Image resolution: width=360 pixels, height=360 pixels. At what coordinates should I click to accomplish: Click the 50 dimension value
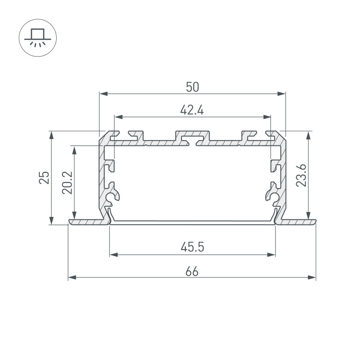pos(192,87)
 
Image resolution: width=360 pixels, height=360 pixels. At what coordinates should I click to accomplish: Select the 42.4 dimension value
pos(192,110)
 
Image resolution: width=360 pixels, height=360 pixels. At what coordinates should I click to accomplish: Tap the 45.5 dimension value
pos(192,247)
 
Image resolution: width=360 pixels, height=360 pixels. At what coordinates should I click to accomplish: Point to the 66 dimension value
pos(192,272)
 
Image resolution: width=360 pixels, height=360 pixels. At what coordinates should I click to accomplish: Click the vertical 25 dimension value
pos(44,178)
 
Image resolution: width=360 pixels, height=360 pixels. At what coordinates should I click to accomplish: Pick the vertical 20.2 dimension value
pos(67,183)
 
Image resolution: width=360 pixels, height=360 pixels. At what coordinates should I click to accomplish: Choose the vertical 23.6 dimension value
pos(301,175)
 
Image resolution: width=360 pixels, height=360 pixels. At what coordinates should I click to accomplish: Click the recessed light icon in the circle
pos(37,38)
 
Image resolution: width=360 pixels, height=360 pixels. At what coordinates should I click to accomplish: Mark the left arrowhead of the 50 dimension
pos(104,94)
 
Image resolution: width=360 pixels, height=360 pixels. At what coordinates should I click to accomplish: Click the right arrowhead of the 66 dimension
pos(312,277)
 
